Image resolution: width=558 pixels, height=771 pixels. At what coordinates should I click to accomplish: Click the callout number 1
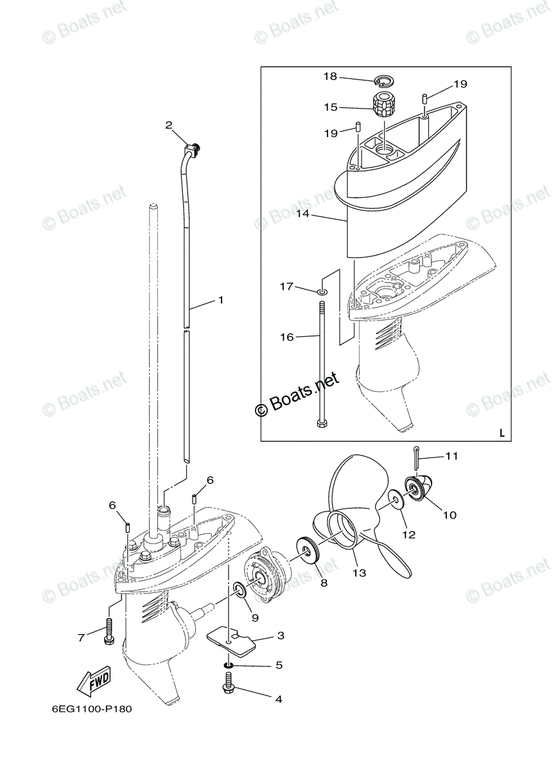[220, 300]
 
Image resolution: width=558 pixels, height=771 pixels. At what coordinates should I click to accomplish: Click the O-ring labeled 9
[239, 589]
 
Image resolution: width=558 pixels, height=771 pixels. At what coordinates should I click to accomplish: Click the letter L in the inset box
[501, 433]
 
